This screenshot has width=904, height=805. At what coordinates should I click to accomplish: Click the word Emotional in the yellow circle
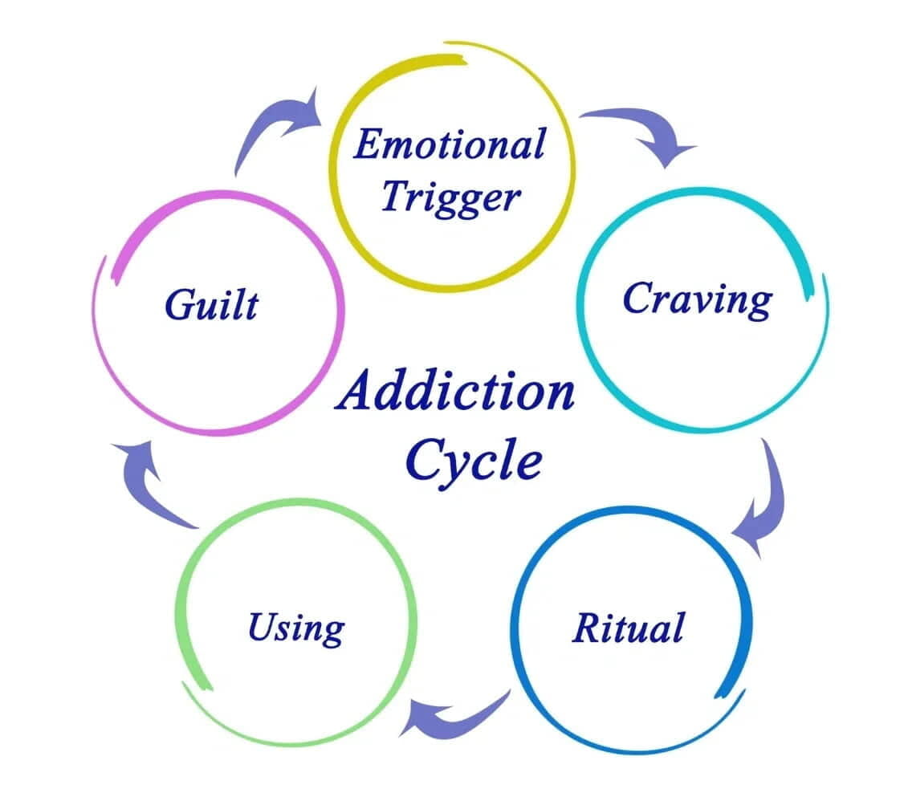(x=449, y=145)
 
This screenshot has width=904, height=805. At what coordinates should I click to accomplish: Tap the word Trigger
(x=450, y=195)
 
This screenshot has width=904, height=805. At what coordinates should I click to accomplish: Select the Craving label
(x=696, y=300)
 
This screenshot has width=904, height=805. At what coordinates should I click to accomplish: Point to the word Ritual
(x=628, y=627)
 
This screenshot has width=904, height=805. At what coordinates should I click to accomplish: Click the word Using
(x=295, y=628)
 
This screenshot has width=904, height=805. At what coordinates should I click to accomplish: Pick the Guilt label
(x=212, y=306)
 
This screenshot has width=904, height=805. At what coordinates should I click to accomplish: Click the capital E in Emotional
(x=367, y=145)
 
